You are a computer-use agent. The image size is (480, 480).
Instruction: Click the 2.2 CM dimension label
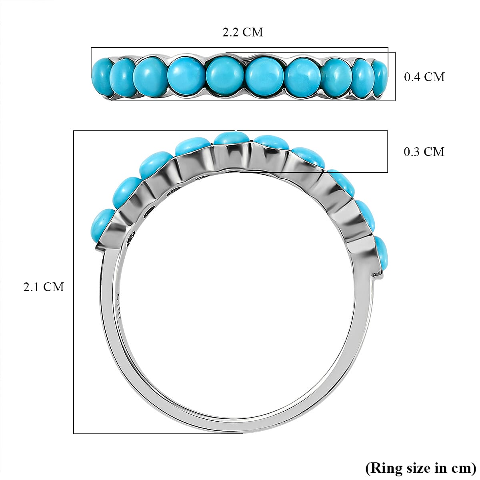point(243,32)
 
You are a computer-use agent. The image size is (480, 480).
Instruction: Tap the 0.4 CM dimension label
point(424,77)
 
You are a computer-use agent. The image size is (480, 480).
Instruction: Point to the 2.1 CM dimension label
point(44,287)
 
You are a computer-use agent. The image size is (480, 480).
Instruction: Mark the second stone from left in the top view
point(122,76)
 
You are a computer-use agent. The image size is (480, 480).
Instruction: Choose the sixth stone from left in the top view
point(264,76)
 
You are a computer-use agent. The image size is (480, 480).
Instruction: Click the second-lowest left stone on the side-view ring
point(125,191)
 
